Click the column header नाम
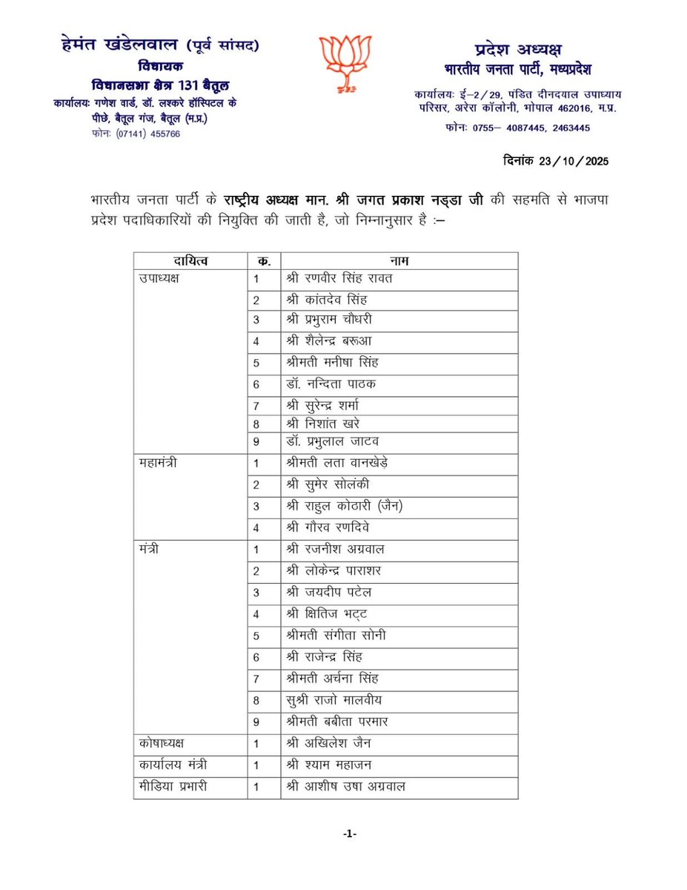pos(399,261)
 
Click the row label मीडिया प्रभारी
pos(172,786)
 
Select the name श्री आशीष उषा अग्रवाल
pos(345,786)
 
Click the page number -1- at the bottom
pos(350,834)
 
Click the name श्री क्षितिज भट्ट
pos(327,614)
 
